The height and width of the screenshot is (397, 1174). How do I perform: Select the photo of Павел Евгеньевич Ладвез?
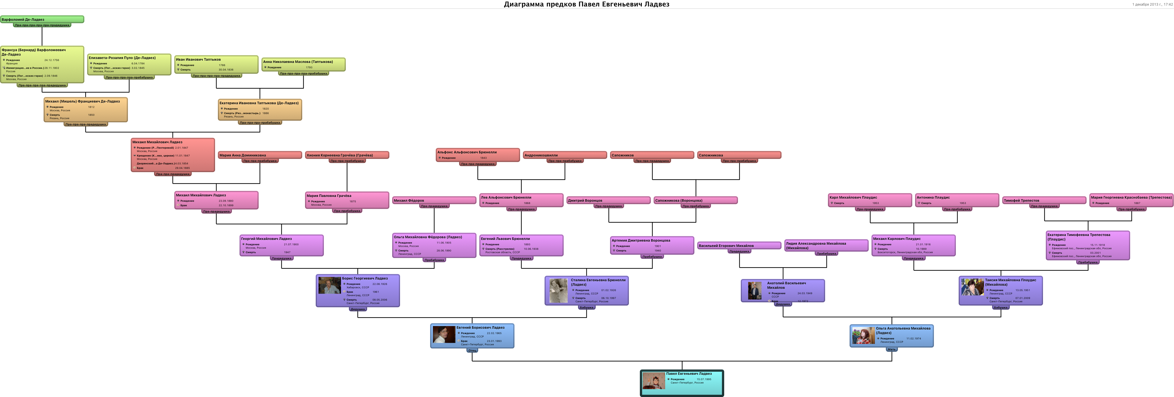coord(654,381)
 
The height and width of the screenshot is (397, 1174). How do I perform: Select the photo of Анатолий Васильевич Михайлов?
coord(755,291)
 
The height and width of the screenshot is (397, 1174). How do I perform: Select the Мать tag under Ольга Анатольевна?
coord(891,350)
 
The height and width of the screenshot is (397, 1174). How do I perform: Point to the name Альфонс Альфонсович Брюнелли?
coord(467,152)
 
